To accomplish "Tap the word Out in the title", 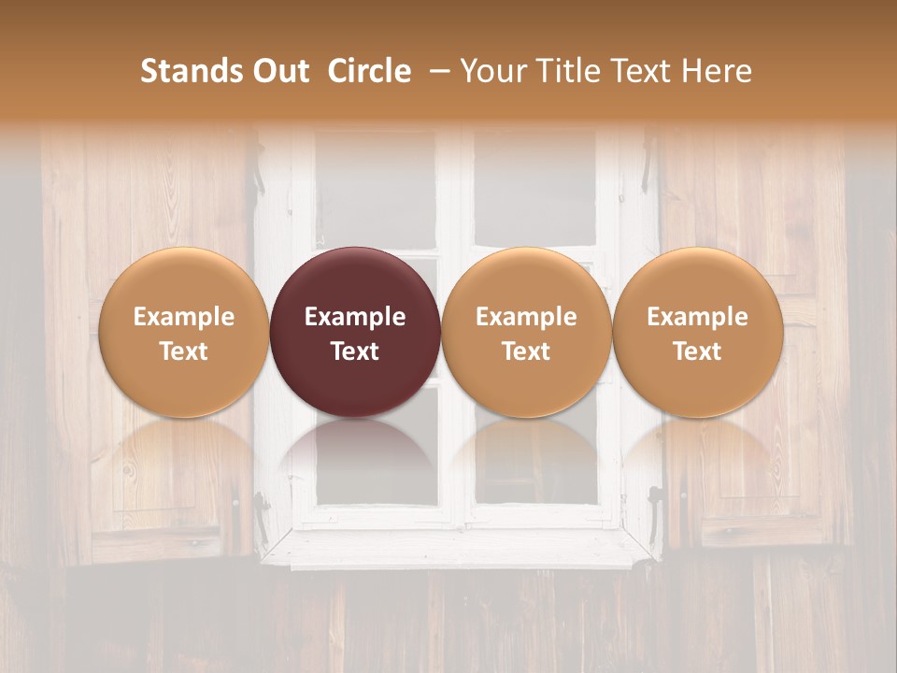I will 278,71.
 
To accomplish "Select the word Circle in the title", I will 369,71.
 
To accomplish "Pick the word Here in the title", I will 717,71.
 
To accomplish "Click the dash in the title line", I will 436,71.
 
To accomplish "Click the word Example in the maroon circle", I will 355,317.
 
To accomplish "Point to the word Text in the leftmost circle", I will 184,351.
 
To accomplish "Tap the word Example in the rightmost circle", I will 698,317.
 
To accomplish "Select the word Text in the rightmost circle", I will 698,351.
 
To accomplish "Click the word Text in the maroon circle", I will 355,351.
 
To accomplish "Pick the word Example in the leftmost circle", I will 184,317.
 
